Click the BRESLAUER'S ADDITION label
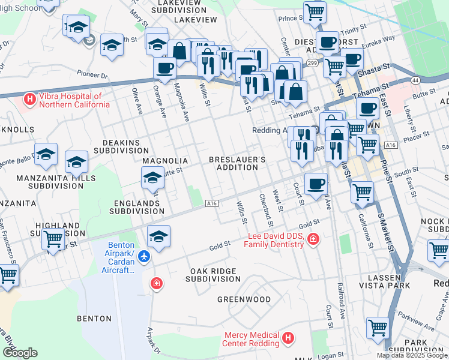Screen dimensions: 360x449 (237, 163)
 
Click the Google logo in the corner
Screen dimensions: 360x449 (19, 352)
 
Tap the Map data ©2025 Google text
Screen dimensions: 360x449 (412, 355)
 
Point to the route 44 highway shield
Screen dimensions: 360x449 (415, 80)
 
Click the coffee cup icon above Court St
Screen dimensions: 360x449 (316, 184)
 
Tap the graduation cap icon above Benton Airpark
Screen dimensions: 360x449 (158, 236)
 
